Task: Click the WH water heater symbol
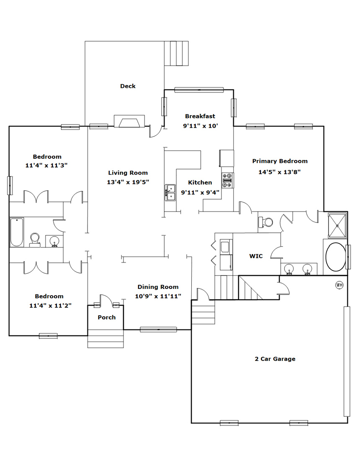click(x=339, y=285)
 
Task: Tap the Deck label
click(x=128, y=86)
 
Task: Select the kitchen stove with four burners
click(x=228, y=180)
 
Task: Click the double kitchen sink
click(x=171, y=193)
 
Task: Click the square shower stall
click(x=337, y=225)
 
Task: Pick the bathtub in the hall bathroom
click(x=17, y=232)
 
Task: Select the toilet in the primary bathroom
click(x=266, y=222)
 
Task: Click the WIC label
click(x=256, y=256)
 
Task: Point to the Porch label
click(x=107, y=317)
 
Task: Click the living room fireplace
click(x=129, y=121)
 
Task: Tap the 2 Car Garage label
click(x=275, y=359)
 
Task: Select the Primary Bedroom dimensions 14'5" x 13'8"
click(x=280, y=172)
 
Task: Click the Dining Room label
click(x=158, y=287)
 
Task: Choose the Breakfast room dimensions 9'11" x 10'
click(x=201, y=126)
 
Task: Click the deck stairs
click(x=176, y=53)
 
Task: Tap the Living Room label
click(x=128, y=173)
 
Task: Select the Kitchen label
click(x=200, y=183)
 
